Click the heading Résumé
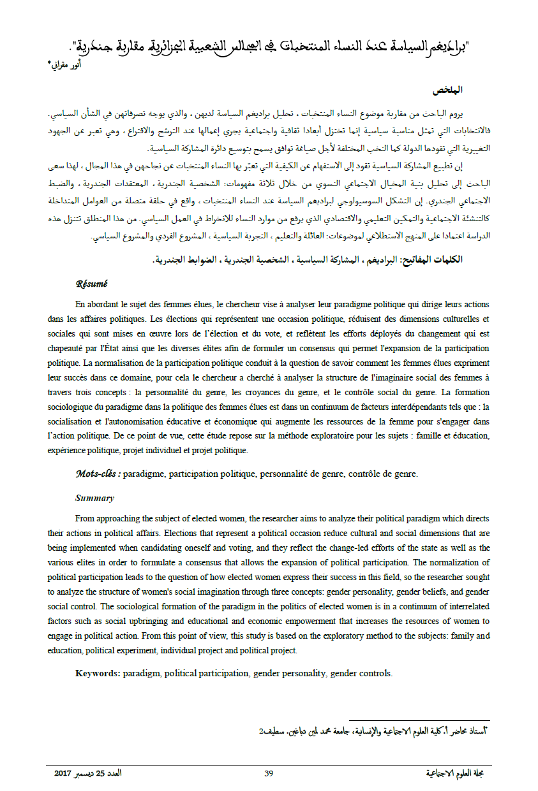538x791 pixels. point(92,284)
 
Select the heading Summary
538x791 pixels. point(94,498)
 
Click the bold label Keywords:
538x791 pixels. point(98,672)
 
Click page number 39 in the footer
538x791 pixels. point(269,773)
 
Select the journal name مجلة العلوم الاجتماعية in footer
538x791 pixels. point(459,773)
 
